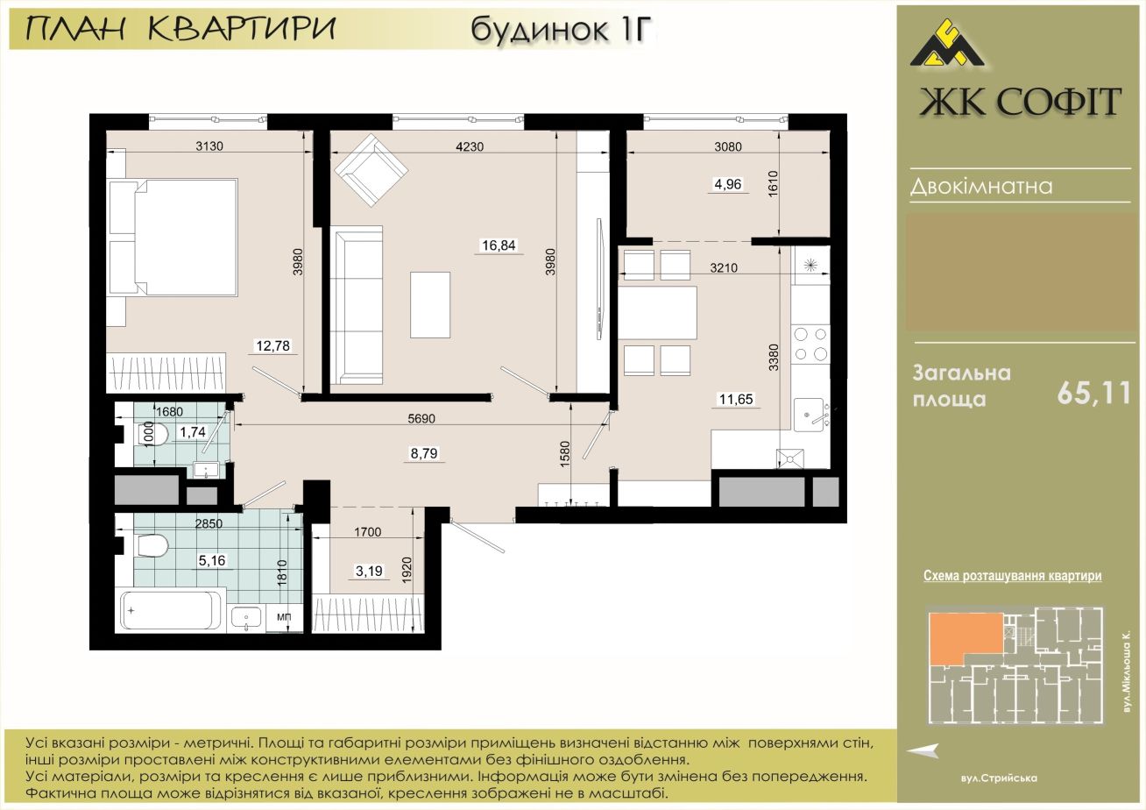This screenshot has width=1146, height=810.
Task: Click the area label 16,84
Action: (499, 245)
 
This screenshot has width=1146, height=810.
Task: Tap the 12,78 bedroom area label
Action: (272, 346)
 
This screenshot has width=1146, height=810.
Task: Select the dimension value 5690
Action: (421, 419)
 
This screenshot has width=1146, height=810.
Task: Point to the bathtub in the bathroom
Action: (168, 610)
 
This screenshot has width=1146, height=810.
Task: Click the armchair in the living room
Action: (371, 170)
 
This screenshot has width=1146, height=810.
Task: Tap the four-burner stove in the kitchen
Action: (810, 344)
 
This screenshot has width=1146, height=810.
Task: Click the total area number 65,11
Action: (1093, 394)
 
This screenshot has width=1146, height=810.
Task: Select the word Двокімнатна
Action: (981, 187)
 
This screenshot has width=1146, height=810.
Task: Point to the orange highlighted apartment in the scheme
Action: (962, 638)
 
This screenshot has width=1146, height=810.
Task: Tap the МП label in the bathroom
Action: (284, 617)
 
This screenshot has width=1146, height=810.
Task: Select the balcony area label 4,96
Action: (727, 184)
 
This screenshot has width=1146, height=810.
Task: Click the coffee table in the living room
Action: (430, 305)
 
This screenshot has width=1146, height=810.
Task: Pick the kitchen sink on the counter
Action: (809, 415)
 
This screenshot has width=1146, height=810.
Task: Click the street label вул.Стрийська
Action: (999, 778)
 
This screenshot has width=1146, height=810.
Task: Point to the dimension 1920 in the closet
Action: (407, 571)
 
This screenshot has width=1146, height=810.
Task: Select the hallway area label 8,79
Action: (424, 453)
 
